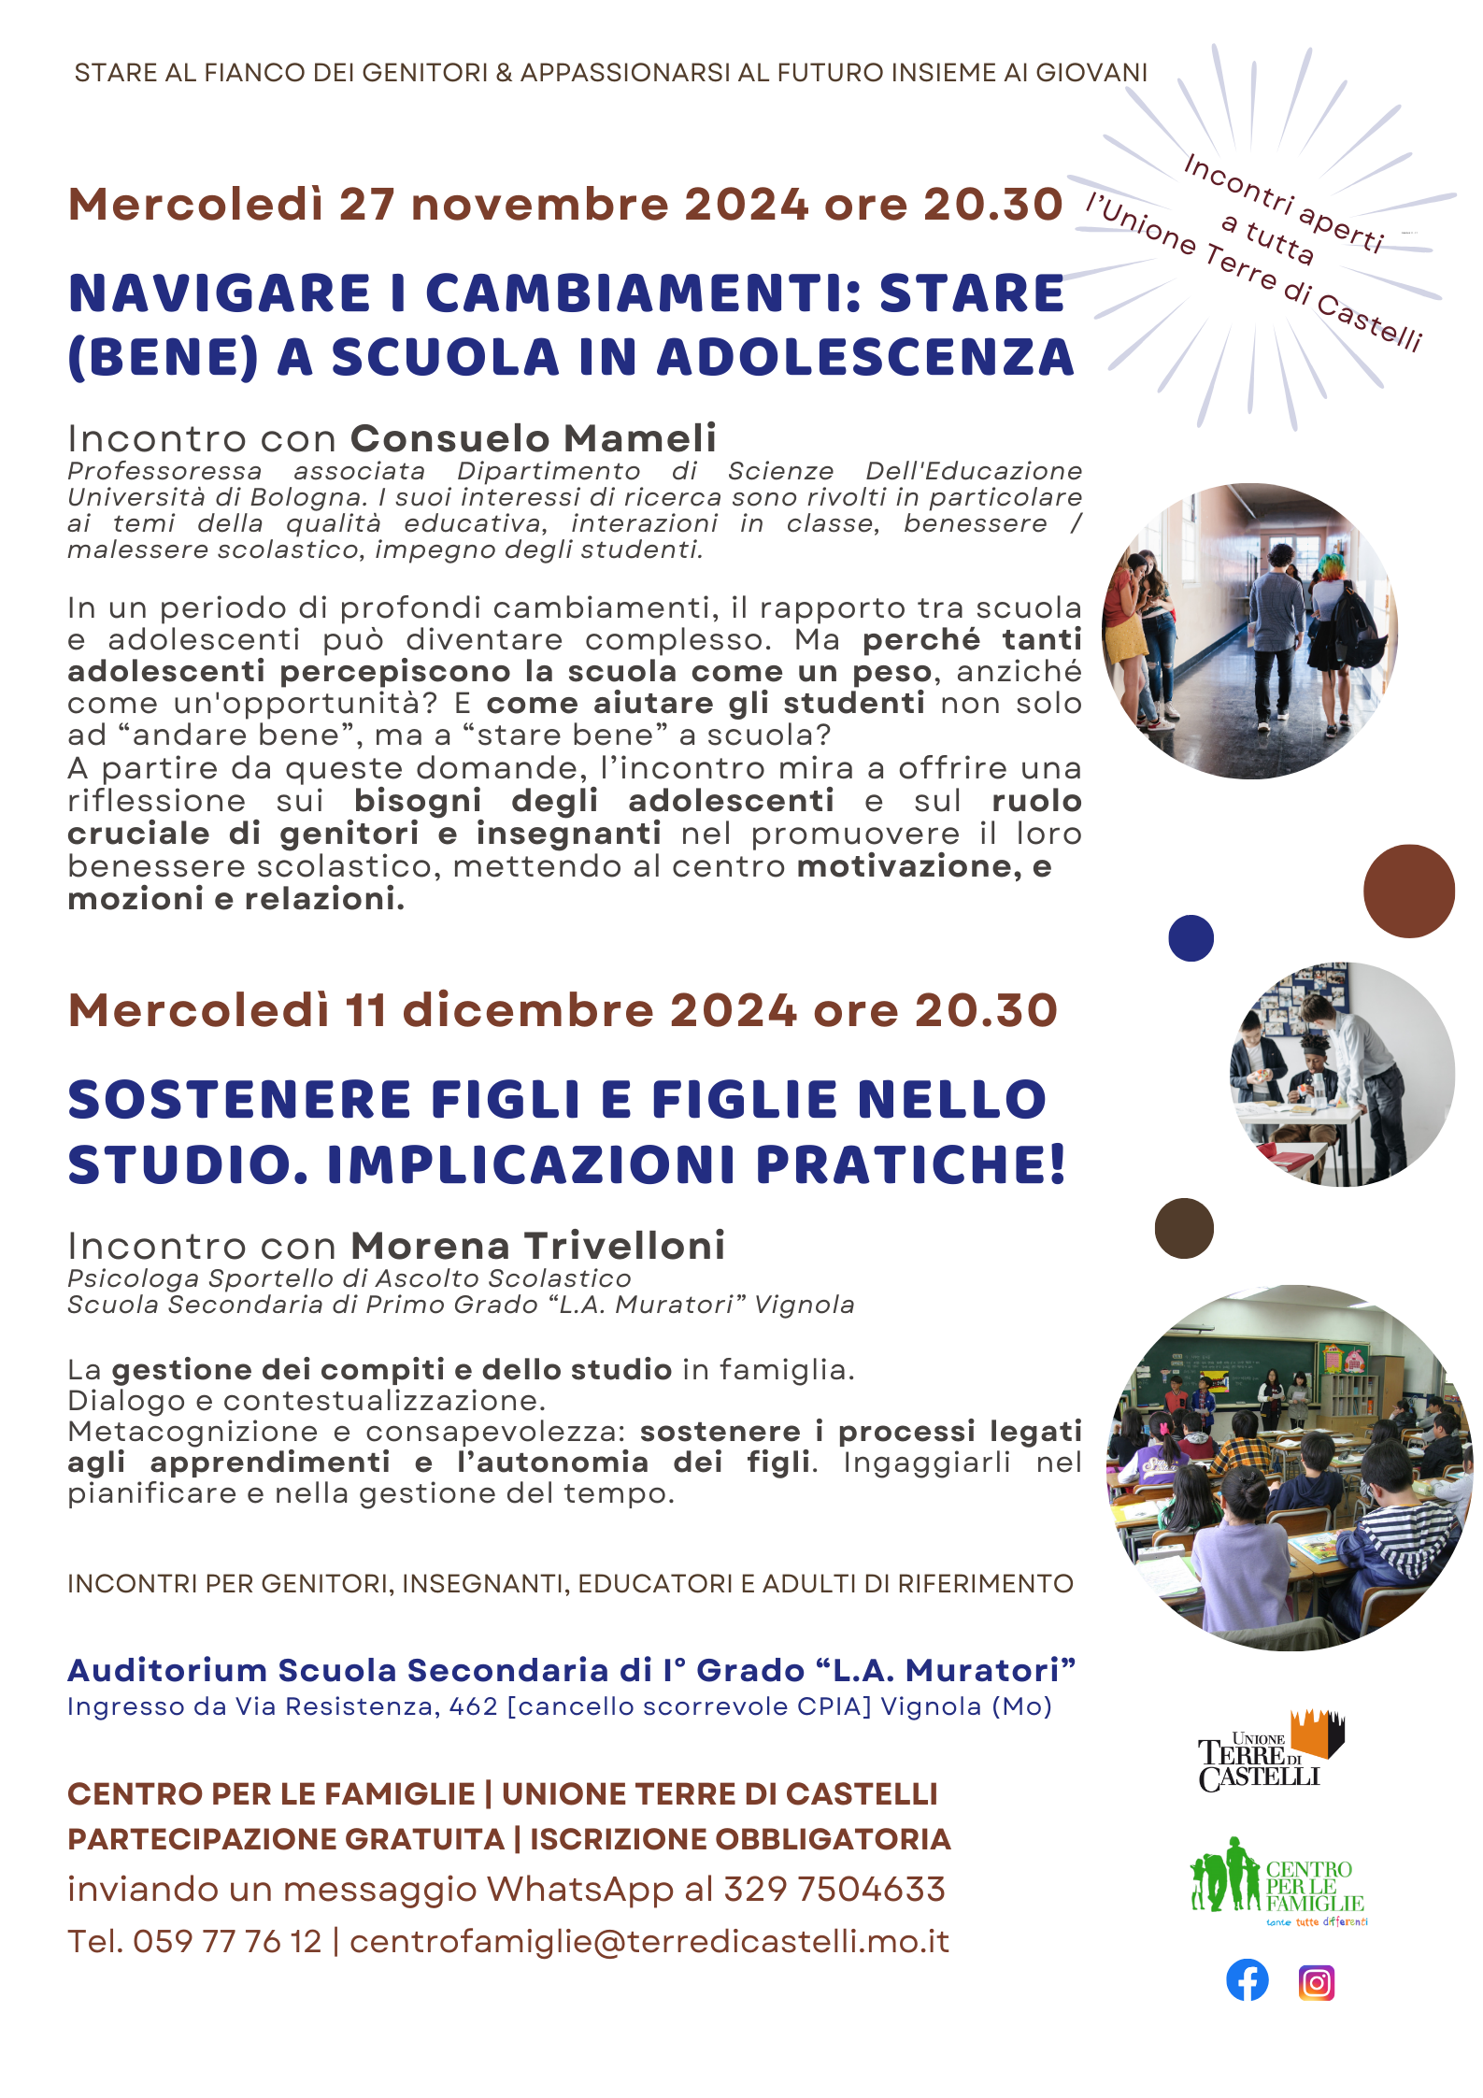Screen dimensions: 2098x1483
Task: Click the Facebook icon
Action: (x=1247, y=1979)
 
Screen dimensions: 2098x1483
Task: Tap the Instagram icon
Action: (x=1316, y=1982)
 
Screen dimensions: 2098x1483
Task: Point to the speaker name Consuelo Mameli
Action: (x=534, y=438)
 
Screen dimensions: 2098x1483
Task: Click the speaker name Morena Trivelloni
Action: (x=538, y=1246)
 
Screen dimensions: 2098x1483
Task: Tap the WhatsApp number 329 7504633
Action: (x=834, y=1889)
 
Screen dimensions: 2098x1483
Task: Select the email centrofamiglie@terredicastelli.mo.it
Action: (x=649, y=1941)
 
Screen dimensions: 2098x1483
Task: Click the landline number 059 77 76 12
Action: (x=227, y=1941)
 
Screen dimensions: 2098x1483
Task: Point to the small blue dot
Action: (x=1191, y=938)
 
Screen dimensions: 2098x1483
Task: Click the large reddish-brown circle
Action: (x=1408, y=891)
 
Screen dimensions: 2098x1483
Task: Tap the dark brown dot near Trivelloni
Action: (x=1184, y=1228)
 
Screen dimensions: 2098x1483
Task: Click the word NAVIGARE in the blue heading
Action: (x=221, y=293)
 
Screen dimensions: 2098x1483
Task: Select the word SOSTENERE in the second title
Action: (x=239, y=1099)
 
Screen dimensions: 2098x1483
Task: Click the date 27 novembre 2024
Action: (x=574, y=205)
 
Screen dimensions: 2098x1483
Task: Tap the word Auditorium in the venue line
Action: (x=167, y=1670)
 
